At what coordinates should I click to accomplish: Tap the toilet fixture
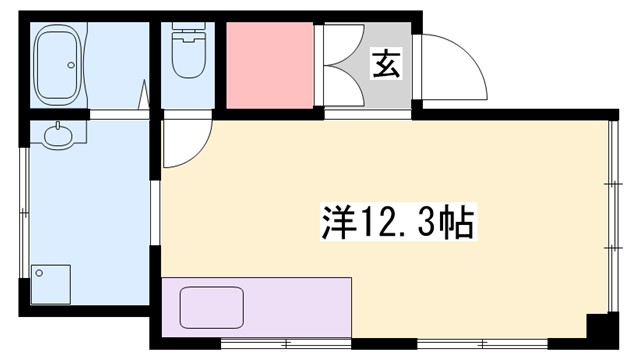(x=187, y=58)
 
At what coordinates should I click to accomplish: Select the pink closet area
(x=268, y=64)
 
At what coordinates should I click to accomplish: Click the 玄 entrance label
(x=385, y=63)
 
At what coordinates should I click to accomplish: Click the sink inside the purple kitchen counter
(x=213, y=306)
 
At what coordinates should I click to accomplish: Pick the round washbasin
(x=59, y=136)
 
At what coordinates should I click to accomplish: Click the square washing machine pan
(x=51, y=283)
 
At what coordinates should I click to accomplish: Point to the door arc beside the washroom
(x=187, y=142)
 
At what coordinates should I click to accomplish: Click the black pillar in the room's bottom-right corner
(x=602, y=330)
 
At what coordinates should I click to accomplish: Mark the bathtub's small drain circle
(x=71, y=66)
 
